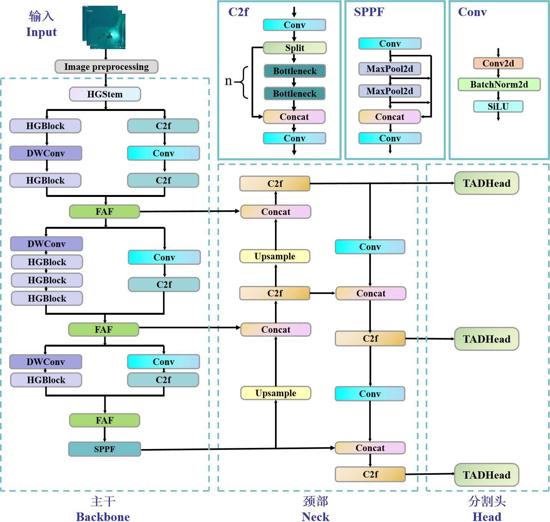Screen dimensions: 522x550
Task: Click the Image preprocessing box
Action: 106,66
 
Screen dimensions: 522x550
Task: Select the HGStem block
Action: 105,94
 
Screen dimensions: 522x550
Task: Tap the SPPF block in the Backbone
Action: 104,449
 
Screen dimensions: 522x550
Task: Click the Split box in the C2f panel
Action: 295,48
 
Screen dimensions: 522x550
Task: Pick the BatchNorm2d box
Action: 499,84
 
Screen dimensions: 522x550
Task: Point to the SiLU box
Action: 498,106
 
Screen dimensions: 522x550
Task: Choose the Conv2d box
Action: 498,63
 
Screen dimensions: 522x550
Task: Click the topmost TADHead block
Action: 486,183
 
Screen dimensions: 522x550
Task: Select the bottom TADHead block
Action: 486,475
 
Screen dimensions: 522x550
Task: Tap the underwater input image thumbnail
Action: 104,27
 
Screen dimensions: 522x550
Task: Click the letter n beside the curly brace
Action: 228,81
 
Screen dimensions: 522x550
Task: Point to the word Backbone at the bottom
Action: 103,517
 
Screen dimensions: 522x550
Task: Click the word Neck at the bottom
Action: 315,517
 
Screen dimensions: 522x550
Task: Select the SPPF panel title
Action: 369,12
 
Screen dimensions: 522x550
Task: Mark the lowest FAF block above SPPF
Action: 104,420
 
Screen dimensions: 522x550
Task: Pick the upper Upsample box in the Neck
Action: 275,256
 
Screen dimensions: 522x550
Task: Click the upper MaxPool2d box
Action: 390,69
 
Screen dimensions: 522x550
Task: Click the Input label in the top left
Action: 41,32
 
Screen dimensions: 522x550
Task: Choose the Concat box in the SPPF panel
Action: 390,117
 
